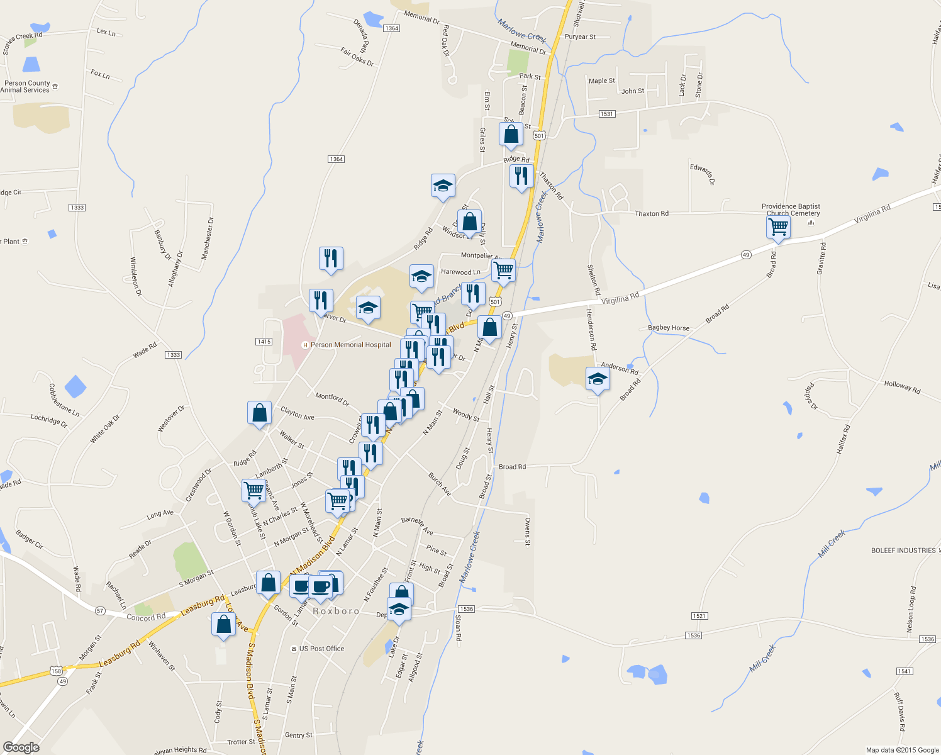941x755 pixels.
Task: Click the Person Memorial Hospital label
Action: pos(350,345)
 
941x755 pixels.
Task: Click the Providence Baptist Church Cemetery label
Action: pos(791,210)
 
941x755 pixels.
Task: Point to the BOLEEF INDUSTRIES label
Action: pos(903,551)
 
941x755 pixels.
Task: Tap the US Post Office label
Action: pos(321,649)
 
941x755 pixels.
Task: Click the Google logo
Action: pos(21,747)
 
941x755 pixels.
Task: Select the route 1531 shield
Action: pos(606,114)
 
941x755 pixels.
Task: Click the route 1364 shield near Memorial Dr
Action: pos(391,28)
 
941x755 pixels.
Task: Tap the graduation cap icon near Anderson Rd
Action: pos(597,380)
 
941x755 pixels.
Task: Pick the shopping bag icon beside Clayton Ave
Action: pos(259,414)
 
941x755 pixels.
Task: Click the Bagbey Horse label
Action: pos(669,328)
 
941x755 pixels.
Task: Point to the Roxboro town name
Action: pos(336,611)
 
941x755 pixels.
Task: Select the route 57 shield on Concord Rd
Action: pos(100,611)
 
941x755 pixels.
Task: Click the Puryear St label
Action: pos(580,36)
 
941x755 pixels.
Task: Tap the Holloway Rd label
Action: pos(902,387)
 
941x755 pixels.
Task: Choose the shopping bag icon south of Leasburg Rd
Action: pos(223,625)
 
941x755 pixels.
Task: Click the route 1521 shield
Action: pos(699,616)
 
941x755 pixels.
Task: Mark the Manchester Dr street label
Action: pos(207,239)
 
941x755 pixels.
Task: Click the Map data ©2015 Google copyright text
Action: pos(902,750)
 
